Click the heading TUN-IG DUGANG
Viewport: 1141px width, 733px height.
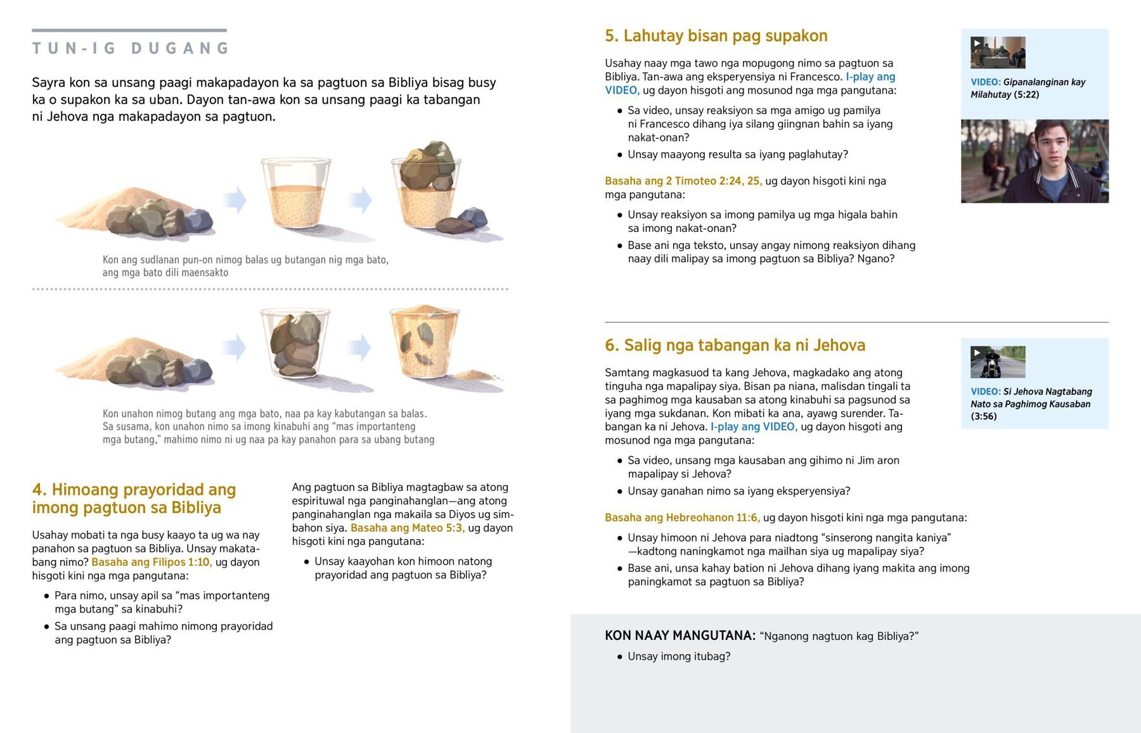pyautogui.click(x=131, y=48)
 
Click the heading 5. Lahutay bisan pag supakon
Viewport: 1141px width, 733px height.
pyautogui.click(x=716, y=36)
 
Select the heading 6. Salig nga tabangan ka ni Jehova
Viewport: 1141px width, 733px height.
pyautogui.click(x=735, y=345)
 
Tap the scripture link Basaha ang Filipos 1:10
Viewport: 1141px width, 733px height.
pyautogui.click(x=151, y=562)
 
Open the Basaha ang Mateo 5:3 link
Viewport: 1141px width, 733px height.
pyautogui.click(x=408, y=528)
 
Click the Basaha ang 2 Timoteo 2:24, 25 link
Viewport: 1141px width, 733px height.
pyautogui.click(x=683, y=181)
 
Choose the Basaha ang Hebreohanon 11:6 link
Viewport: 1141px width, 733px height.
pyautogui.click(x=682, y=518)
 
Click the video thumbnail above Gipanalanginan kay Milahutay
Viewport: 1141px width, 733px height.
pyautogui.click(x=998, y=53)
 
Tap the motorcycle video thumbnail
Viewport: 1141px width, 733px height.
pyautogui.click(x=998, y=362)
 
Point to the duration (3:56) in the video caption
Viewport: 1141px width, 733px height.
pyautogui.click(x=984, y=416)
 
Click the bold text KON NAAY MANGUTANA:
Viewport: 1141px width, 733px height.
pyautogui.click(x=680, y=635)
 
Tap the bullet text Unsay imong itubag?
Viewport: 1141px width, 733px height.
pyautogui.click(x=679, y=656)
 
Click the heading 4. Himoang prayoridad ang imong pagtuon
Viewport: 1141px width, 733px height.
pyautogui.click(x=134, y=499)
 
